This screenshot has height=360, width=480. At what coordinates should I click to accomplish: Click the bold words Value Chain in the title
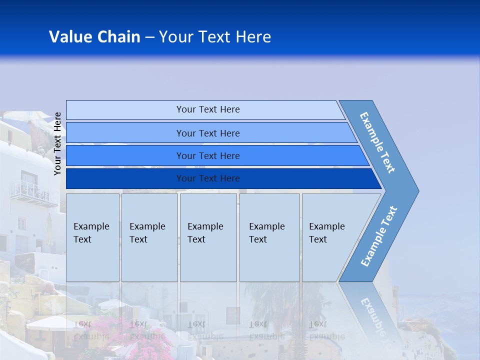pos(94,37)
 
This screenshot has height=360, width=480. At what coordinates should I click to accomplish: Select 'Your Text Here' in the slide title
pos(215,37)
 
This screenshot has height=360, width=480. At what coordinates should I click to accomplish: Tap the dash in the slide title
pos(149,37)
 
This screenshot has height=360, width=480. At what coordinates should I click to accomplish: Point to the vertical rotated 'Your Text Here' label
pos(58,143)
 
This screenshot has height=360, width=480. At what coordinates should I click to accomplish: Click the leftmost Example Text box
pos(92,237)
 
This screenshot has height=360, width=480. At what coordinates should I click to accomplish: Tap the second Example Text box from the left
pos(149,237)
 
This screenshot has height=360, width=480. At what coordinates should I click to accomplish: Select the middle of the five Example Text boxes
pos(208,237)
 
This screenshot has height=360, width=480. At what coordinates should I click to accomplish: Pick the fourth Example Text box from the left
pos(269,237)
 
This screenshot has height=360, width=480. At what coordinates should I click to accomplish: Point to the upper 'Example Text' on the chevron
pos(377,142)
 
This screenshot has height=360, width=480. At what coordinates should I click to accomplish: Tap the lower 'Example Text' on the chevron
pos(379,236)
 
